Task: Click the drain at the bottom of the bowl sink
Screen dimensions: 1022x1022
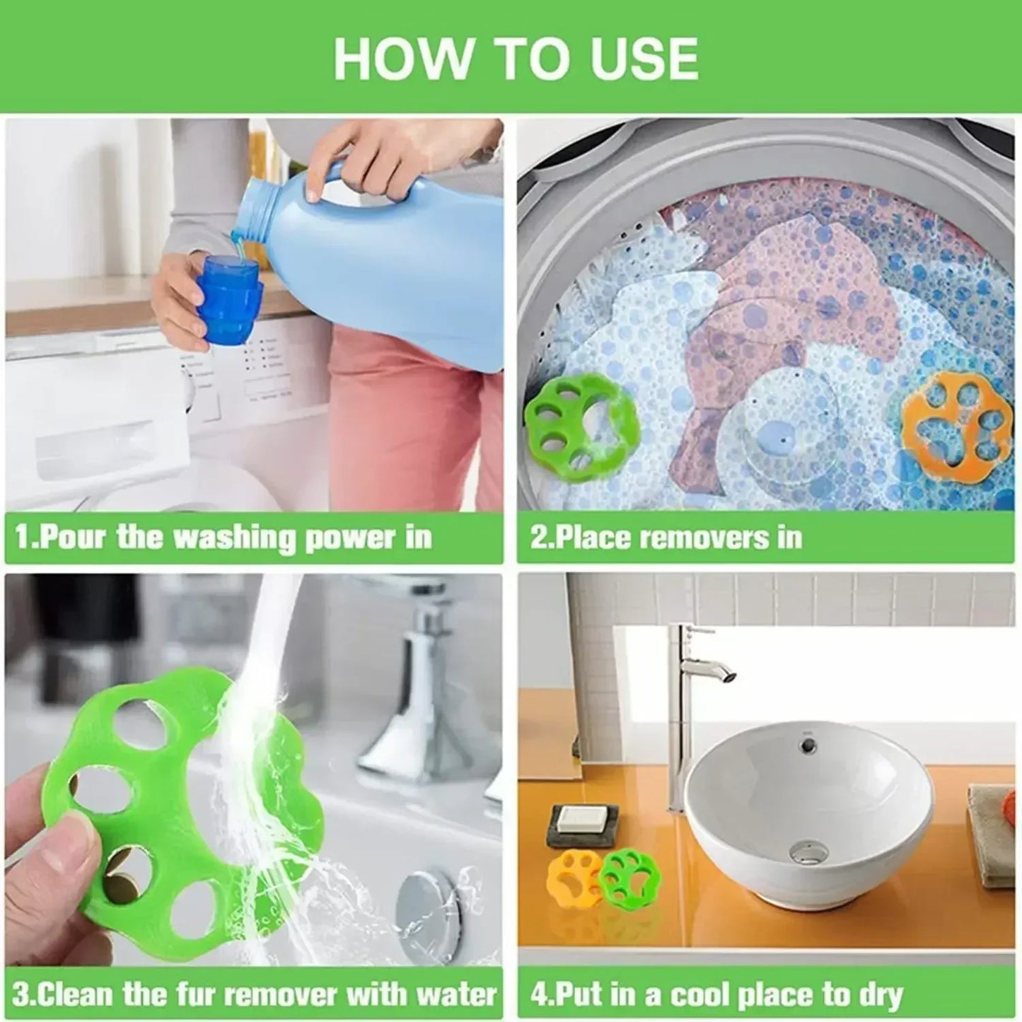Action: point(808,850)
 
